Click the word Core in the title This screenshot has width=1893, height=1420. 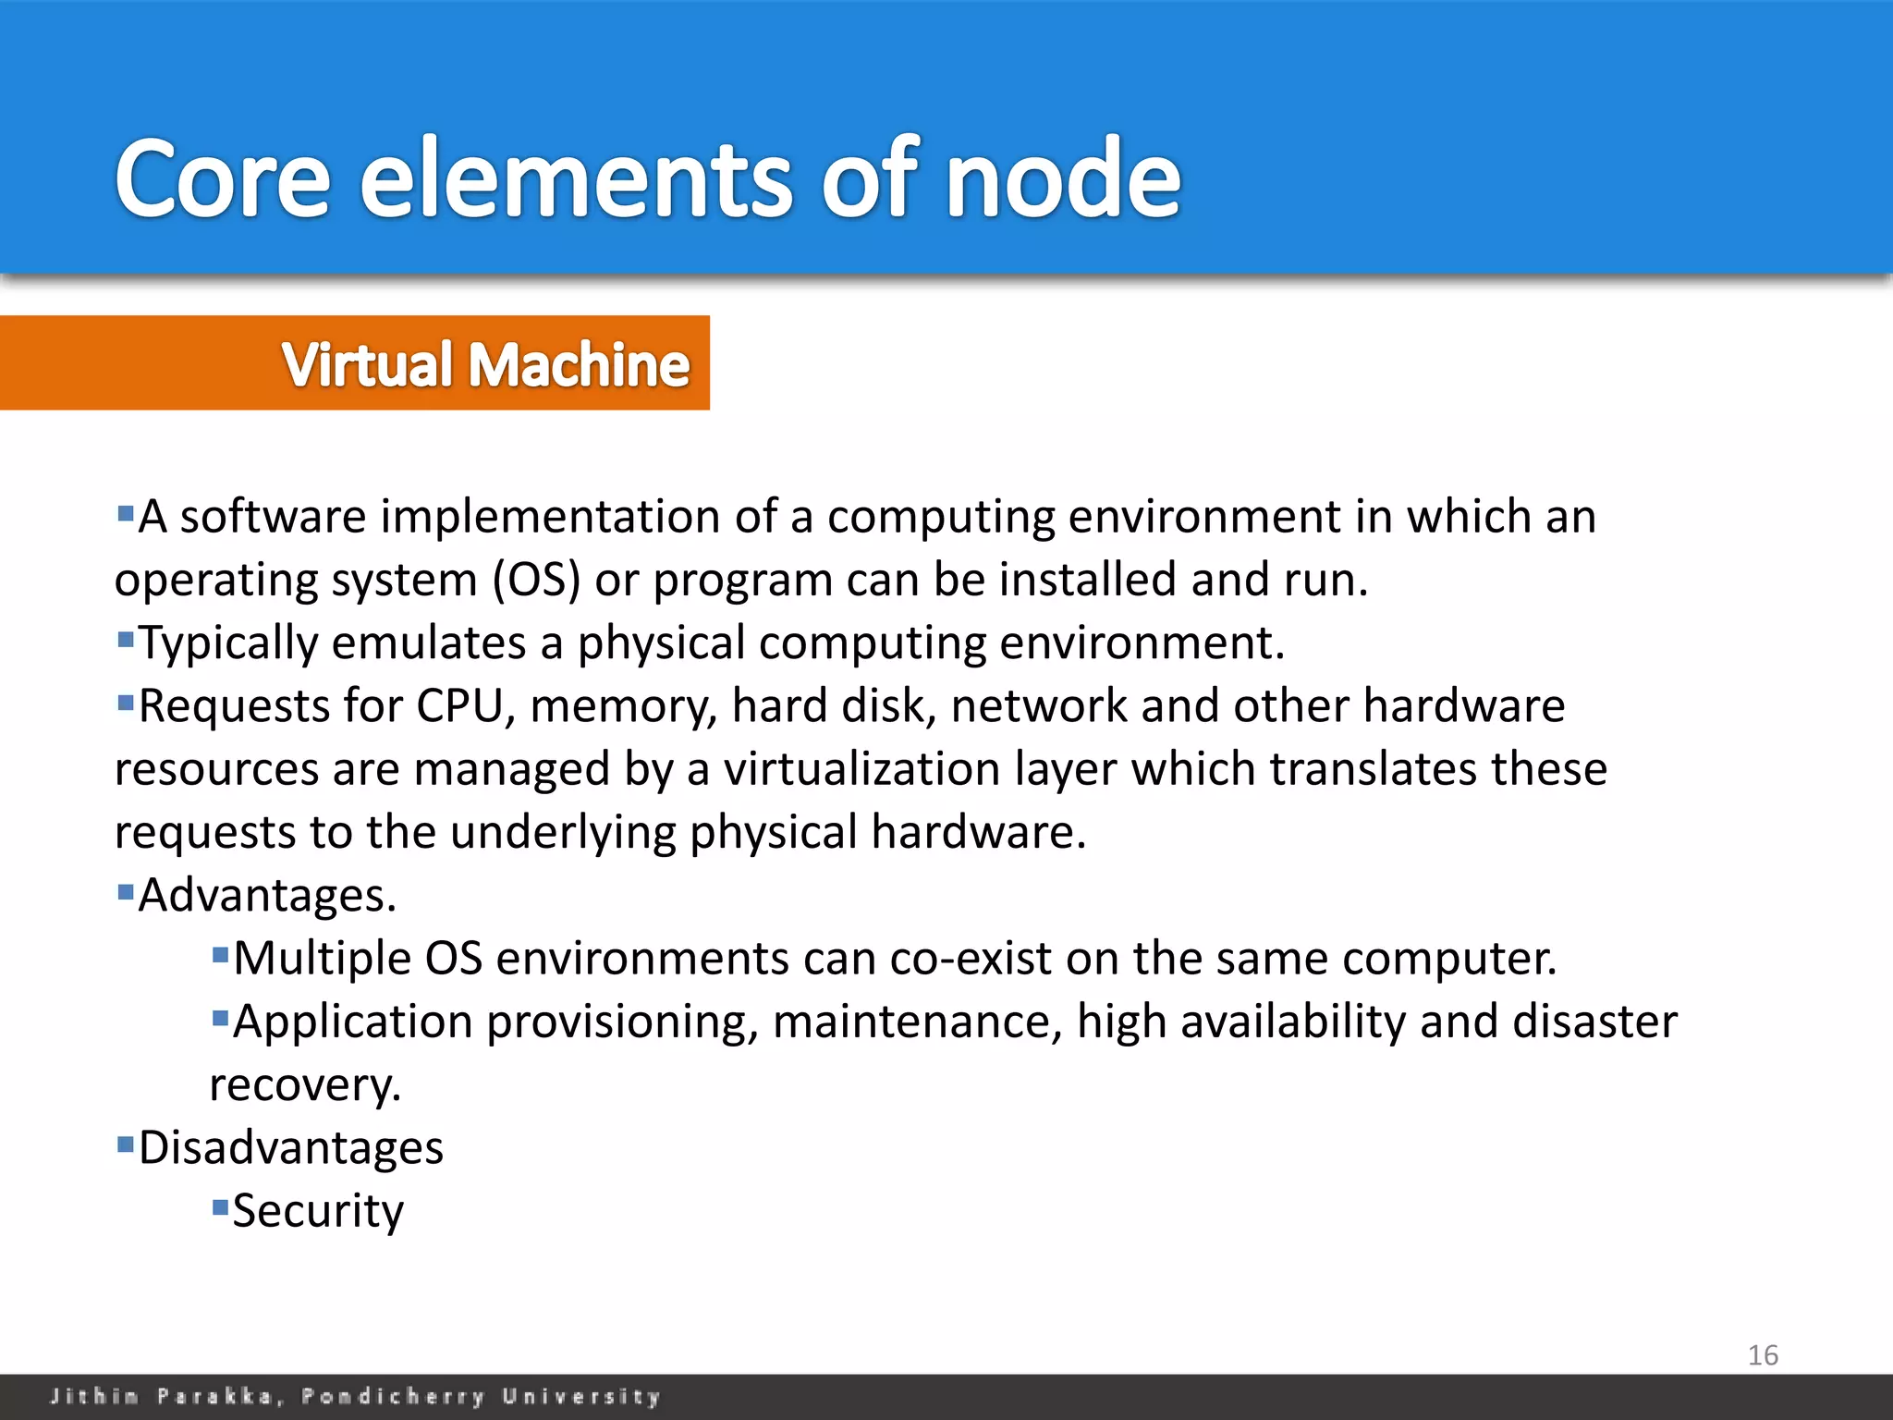tap(222, 178)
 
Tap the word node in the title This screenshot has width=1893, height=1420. tap(1063, 178)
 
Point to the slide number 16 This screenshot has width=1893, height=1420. tap(1763, 1355)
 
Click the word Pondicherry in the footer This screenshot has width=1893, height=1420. tap(393, 1396)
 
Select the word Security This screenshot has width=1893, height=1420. tap(318, 1211)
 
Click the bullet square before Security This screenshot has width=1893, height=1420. tap(220, 1206)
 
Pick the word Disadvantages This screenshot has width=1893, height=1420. tap(291, 1148)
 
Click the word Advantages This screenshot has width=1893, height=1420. tap(267, 896)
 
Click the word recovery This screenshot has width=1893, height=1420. tap(305, 1085)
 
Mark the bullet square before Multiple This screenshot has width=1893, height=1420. tap(220, 954)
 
